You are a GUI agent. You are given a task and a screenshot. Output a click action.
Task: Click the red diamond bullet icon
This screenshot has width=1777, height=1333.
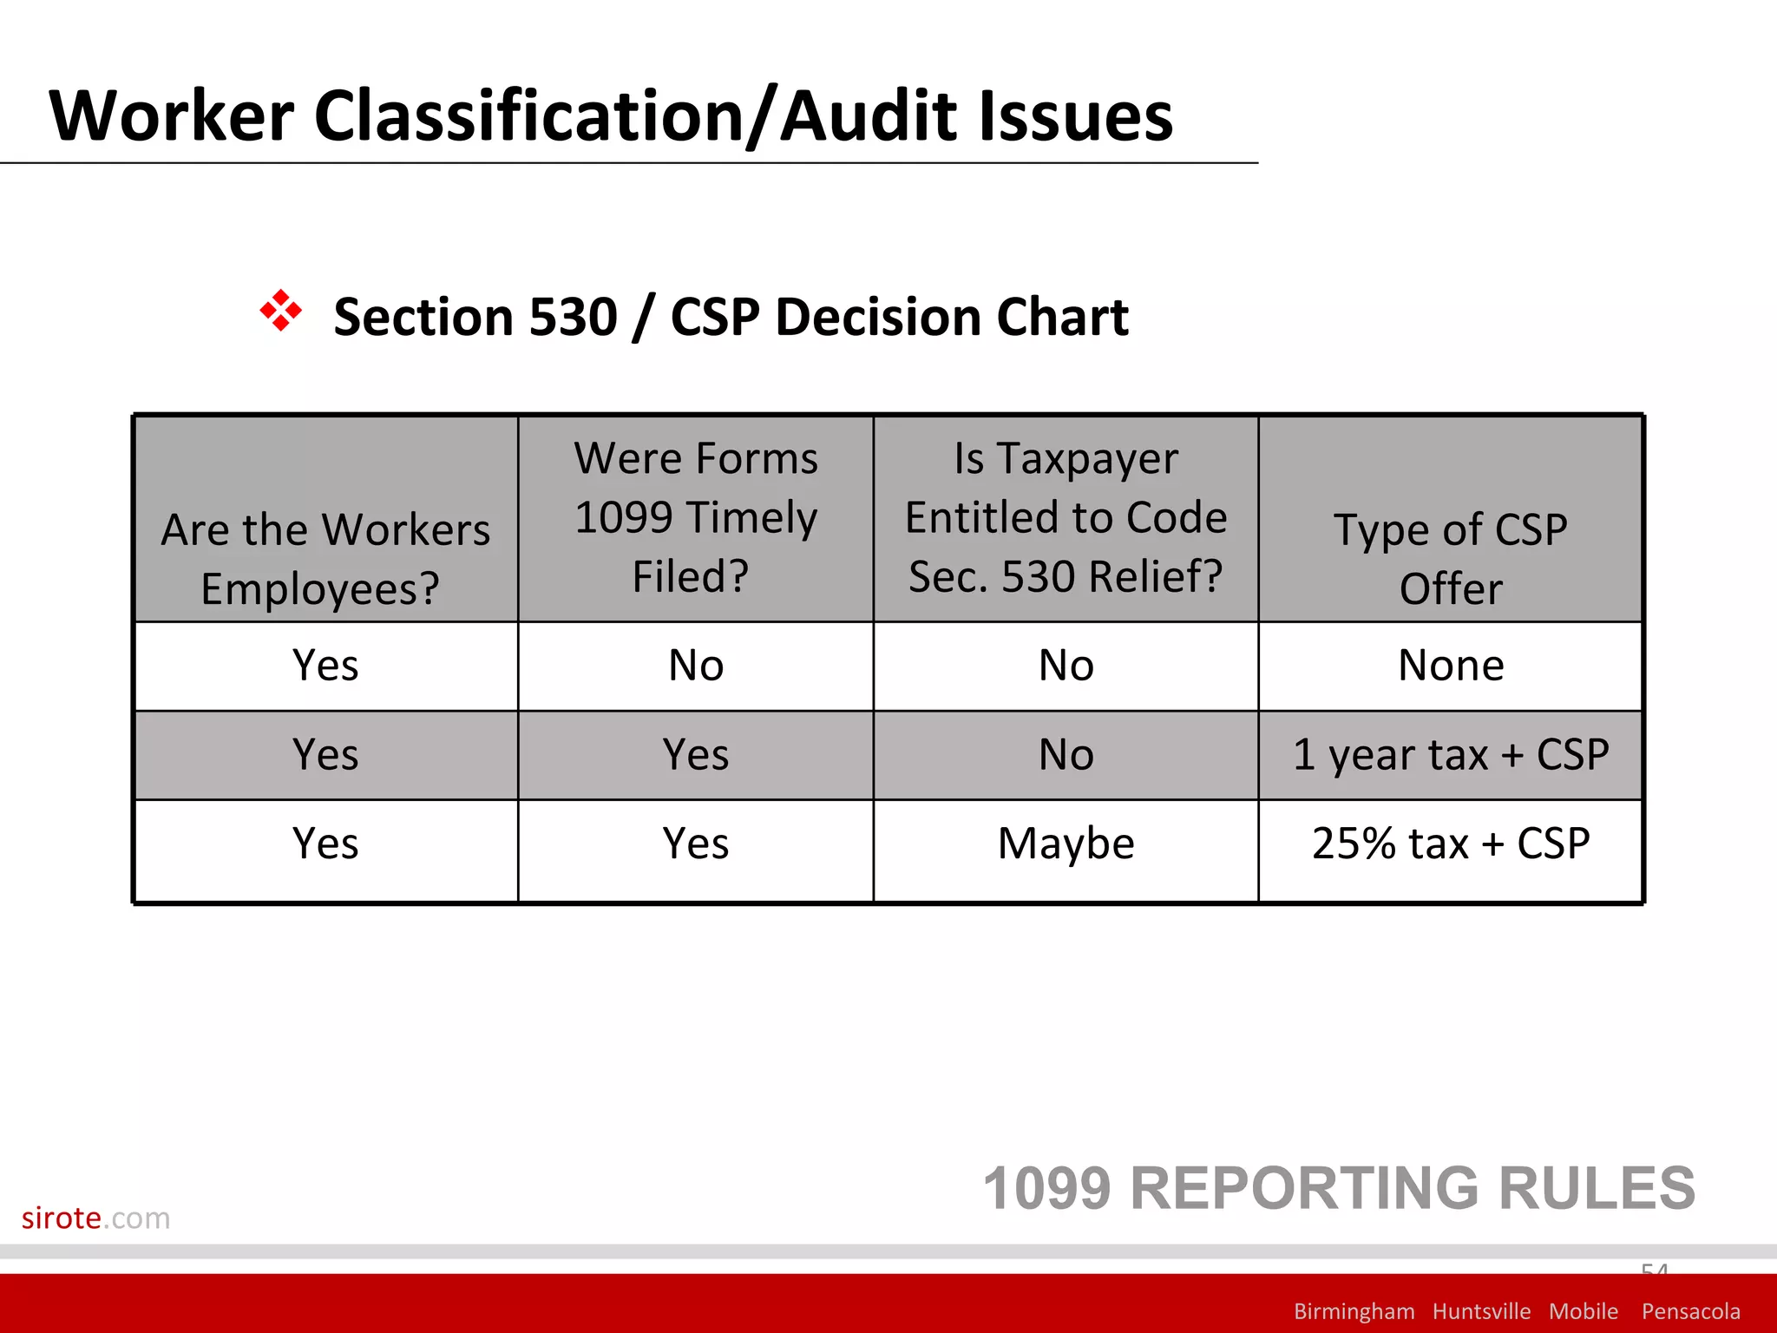coord(280,311)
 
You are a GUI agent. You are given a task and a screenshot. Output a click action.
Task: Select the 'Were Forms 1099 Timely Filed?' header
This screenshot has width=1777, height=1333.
coord(696,517)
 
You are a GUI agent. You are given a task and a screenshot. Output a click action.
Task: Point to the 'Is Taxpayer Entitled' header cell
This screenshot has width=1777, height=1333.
coord(1066,517)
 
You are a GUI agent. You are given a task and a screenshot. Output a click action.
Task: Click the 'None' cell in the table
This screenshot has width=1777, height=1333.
coord(1451,666)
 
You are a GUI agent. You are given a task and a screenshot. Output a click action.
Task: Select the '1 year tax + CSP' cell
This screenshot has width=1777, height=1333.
coord(1451,754)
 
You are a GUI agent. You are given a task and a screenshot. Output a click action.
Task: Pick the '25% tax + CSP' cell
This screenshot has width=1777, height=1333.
coord(1451,844)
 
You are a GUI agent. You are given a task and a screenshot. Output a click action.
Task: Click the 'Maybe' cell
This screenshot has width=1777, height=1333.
coord(1066,844)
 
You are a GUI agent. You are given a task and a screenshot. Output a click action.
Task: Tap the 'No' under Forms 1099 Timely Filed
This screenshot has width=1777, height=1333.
coord(696,666)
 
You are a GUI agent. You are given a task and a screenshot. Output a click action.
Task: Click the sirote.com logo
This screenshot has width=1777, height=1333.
coord(95,1218)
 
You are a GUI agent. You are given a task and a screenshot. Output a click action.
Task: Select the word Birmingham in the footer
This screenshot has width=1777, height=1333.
coord(1354,1311)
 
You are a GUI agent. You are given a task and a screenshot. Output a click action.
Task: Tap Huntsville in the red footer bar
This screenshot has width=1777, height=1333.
coord(1481,1311)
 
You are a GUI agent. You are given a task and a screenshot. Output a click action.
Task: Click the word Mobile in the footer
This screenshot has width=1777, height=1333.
coord(1584,1311)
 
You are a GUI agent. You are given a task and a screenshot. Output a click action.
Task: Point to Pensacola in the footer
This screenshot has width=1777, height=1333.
coord(1690,1311)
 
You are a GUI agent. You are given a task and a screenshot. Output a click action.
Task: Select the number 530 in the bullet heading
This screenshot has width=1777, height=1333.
coord(573,317)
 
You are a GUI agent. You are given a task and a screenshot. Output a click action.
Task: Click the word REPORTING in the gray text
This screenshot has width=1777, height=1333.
coord(1305,1188)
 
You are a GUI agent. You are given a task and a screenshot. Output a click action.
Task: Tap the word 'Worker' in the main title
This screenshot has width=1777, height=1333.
coord(172,116)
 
